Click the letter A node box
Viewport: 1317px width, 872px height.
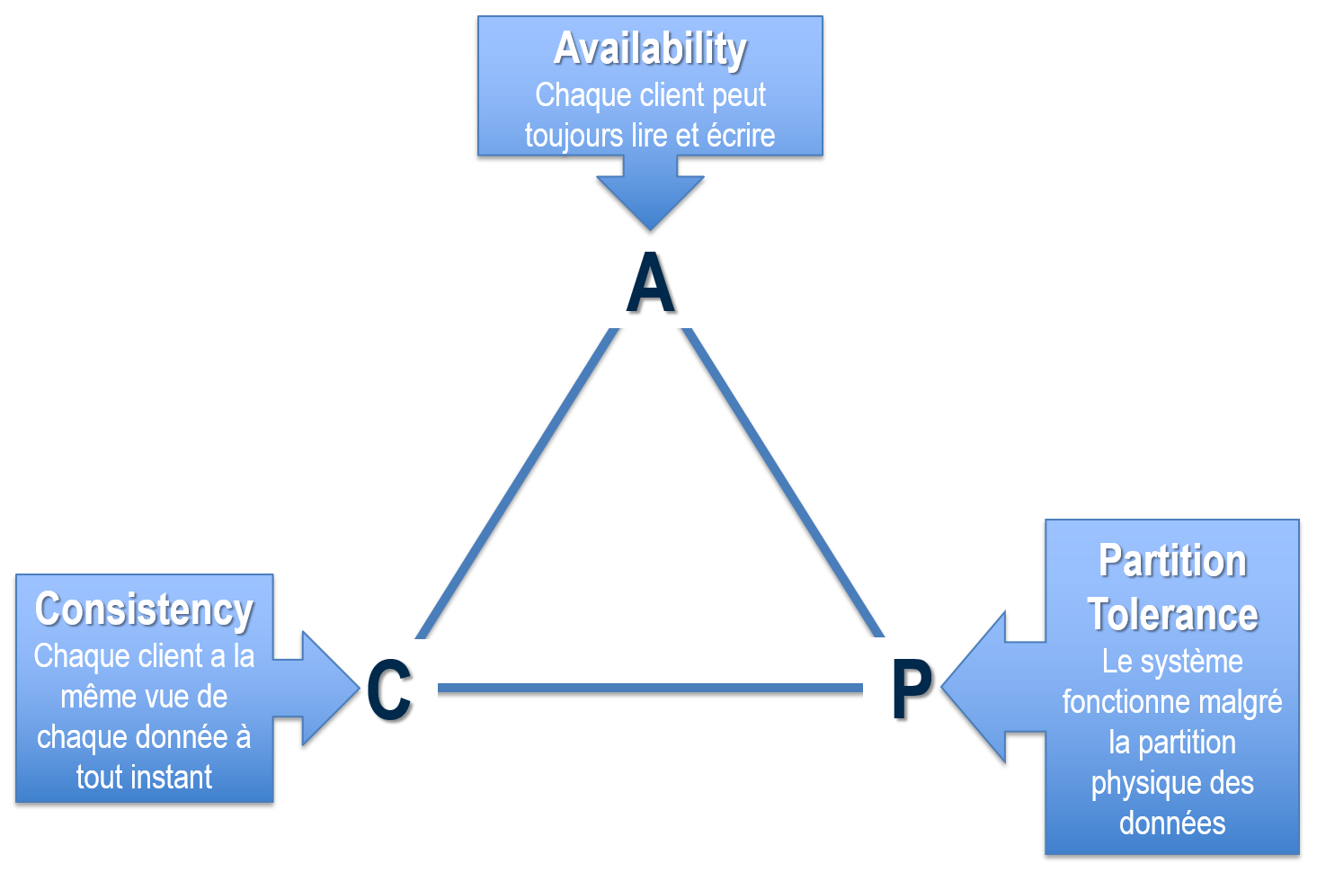[x=650, y=280]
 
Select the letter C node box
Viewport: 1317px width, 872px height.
[x=388, y=688]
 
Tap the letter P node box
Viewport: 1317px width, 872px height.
[x=912, y=687]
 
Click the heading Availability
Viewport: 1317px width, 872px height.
[x=650, y=49]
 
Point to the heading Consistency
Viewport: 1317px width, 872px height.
[x=144, y=610]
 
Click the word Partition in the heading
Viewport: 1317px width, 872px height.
[x=1172, y=562]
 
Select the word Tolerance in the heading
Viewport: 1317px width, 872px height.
[x=1172, y=615]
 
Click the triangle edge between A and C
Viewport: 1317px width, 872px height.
[x=517, y=484]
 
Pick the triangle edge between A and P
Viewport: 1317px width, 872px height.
[x=782, y=482]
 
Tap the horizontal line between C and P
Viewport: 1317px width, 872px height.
[x=650, y=688]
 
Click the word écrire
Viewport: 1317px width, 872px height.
[x=741, y=136]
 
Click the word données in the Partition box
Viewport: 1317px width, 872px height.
[x=1172, y=823]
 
